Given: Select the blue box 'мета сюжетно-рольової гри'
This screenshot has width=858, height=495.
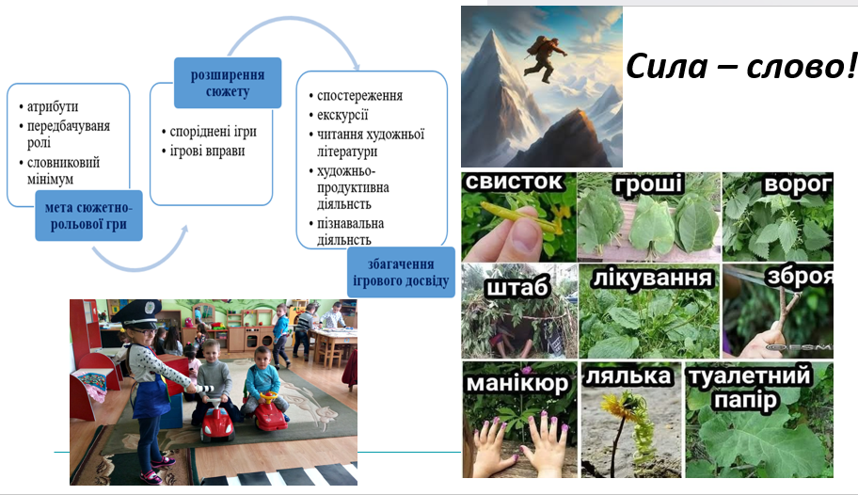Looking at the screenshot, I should (88, 216).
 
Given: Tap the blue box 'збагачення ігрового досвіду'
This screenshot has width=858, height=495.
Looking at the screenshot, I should (401, 272).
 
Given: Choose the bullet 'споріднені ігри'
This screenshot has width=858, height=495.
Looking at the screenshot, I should (213, 132).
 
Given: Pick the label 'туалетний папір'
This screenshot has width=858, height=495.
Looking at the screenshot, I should (750, 389).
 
